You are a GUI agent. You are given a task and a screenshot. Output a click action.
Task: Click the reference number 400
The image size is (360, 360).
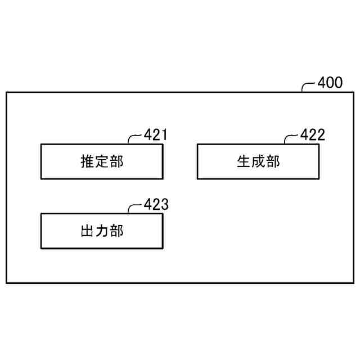click(x=330, y=83)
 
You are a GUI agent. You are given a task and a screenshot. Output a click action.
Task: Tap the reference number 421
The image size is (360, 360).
click(x=156, y=135)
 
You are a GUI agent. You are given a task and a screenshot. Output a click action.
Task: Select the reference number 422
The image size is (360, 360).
click(x=313, y=135)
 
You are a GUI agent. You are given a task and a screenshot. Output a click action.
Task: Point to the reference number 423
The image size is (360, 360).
click(x=156, y=204)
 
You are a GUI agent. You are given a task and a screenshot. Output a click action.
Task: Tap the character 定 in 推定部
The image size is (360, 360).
click(x=102, y=162)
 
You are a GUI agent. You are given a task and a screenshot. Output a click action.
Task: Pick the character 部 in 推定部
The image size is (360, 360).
click(x=116, y=162)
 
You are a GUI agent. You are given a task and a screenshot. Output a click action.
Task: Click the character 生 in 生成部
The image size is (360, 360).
click(x=244, y=162)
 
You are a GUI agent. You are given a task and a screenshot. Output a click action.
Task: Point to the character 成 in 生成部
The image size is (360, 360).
click(x=258, y=162)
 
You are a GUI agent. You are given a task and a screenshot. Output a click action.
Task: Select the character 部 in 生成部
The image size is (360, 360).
click(x=273, y=162)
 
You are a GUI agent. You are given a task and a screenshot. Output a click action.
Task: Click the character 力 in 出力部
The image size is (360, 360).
click(x=102, y=231)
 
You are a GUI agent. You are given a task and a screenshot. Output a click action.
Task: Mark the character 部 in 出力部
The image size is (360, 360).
click(x=116, y=231)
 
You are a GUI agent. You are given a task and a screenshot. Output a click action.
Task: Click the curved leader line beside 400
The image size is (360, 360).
click(x=308, y=86)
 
